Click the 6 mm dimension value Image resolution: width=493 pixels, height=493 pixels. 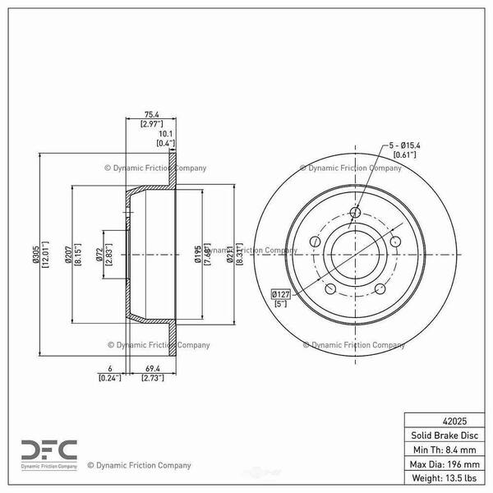(108, 370)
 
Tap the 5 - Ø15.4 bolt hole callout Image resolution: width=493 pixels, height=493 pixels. (402, 145)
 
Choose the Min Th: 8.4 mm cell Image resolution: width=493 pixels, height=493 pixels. (443, 449)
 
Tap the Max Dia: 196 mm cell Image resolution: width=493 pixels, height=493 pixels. (443, 464)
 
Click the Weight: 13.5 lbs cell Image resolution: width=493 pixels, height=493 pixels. (443, 479)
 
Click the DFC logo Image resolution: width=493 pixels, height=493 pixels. (48, 451)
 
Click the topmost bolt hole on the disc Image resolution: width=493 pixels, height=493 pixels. (355, 214)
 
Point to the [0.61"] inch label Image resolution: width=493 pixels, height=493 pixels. (402, 154)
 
